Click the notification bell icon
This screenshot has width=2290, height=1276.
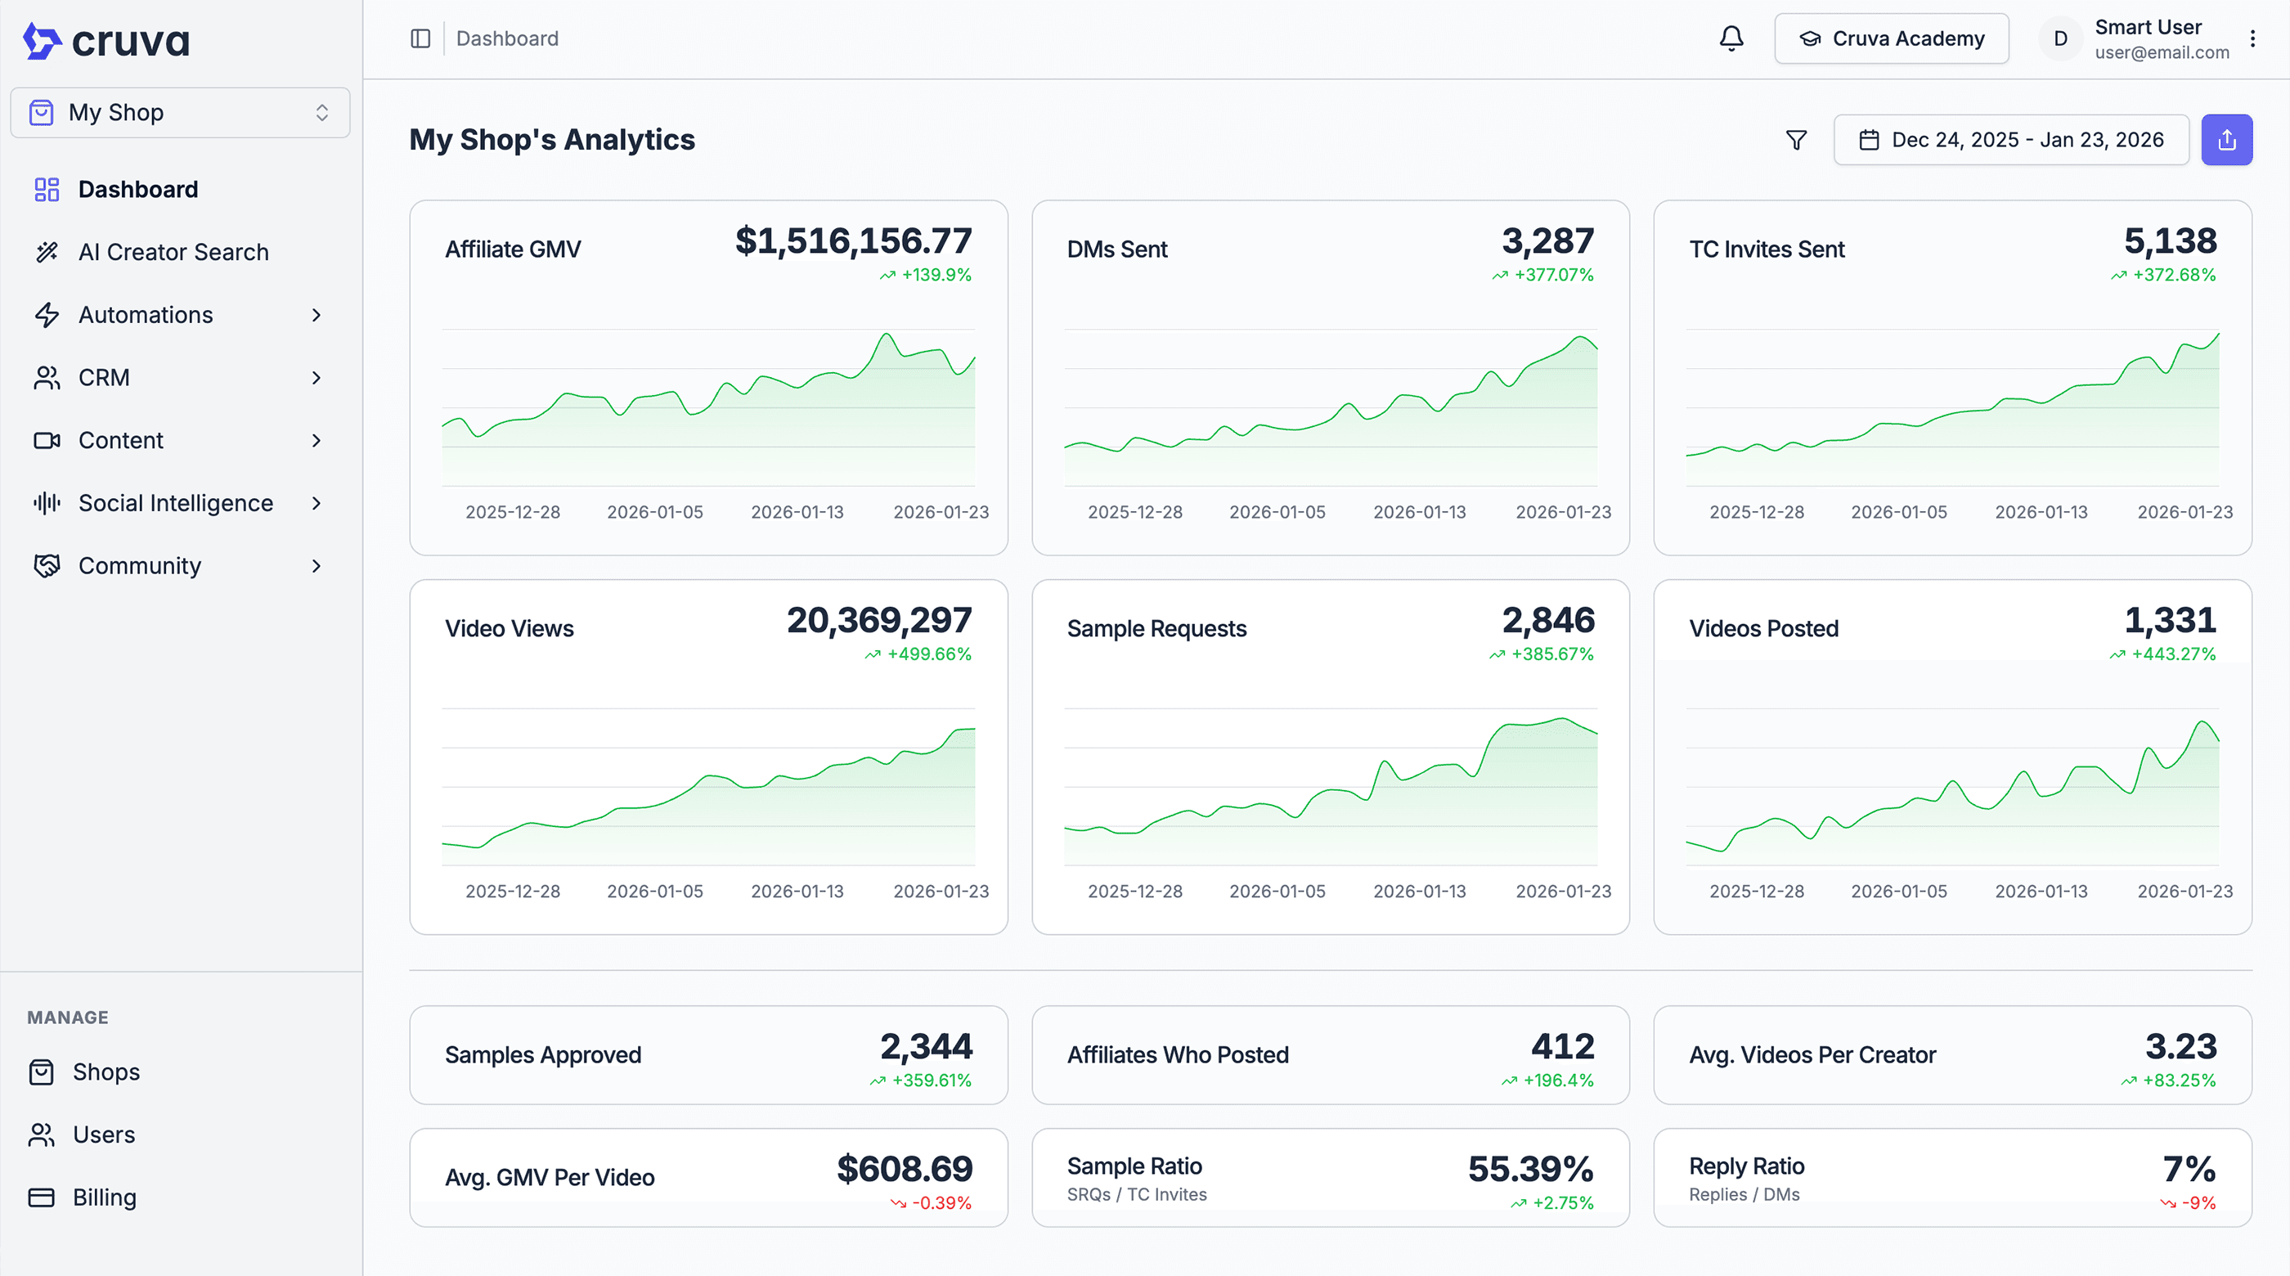(1731, 38)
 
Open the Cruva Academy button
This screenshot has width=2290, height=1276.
(1891, 38)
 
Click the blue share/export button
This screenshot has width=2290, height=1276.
(2226, 140)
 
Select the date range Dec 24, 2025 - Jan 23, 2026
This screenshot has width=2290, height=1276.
(2011, 140)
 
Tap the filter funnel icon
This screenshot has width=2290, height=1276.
(1796, 140)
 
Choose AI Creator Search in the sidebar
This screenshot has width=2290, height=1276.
(173, 253)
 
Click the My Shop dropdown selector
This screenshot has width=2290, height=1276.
(180, 113)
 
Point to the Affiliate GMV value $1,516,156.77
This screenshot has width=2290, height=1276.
(853, 241)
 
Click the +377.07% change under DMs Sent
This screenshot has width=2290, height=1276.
(1553, 275)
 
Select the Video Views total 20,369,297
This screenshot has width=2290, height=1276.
(878, 621)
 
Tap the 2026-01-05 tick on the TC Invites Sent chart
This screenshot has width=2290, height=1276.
(1899, 512)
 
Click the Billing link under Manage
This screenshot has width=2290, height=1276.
(104, 1197)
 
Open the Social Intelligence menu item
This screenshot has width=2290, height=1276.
(175, 503)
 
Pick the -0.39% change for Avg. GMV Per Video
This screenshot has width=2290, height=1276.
(941, 1203)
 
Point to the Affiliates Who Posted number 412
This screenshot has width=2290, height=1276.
(1562, 1047)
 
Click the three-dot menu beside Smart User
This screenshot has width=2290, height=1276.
(2252, 38)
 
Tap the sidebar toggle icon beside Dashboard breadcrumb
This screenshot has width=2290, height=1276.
(420, 38)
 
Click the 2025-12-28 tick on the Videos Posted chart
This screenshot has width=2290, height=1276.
(1757, 891)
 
